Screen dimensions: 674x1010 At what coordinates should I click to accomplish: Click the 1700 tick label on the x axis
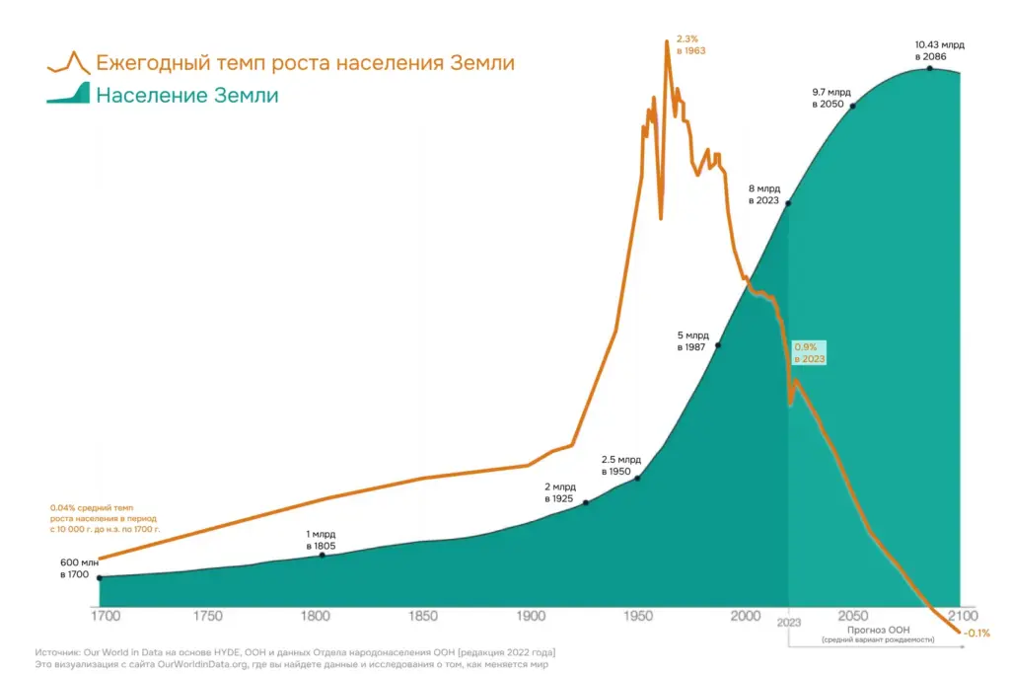pyautogui.click(x=105, y=616)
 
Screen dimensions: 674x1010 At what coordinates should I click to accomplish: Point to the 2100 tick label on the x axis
pyautogui.click(x=959, y=616)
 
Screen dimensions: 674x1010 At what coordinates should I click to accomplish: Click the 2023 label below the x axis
pyautogui.click(x=789, y=624)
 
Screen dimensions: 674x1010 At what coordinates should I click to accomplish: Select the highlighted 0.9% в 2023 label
pyautogui.click(x=809, y=353)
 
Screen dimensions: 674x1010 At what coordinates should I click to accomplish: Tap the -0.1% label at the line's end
pyautogui.click(x=975, y=633)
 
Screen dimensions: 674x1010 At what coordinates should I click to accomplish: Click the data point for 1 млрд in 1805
pyautogui.click(x=322, y=556)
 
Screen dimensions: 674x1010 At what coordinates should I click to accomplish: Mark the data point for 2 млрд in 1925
pyautogui.click(x=586, y=502)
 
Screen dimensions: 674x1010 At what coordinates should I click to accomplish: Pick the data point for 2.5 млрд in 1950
pyautogui.click(x=638, y=478)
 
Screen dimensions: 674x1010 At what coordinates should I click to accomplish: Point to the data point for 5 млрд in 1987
pyautogui.click(x=717, y=345)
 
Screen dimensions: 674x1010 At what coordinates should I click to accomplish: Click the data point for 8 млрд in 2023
pyautogui.click(x=789, y=202)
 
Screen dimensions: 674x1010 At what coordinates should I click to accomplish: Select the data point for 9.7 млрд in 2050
pyautogui.click(x=851, y=105)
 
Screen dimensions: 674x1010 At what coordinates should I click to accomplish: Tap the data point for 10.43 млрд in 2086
pyautogui.click(x=930, y=67)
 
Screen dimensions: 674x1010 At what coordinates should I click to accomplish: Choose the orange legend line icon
pyautogui.click(x=68, y=62)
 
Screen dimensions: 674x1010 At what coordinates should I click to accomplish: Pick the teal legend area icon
pyautogui.click(x=68, y=95)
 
